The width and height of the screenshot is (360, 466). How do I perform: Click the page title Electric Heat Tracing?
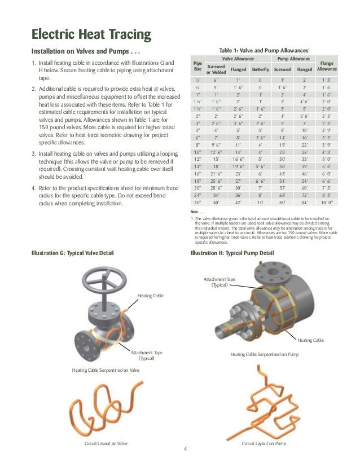click(x=91, y=34)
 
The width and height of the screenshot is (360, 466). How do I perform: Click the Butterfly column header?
click(x=260, y=71)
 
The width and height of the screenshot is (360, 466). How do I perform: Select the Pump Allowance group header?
click(x=292, y=58)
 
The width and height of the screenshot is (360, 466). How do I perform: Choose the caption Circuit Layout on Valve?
click(x=106, y=444)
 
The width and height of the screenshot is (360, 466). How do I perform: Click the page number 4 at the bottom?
click(x=185, y=450)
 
